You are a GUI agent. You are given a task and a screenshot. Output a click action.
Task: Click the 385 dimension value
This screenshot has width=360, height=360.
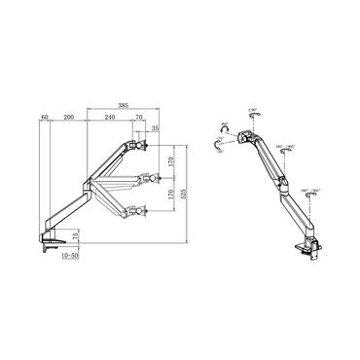(122, 103)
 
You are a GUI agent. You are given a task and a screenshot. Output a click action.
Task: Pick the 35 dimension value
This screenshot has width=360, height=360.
(157, 127)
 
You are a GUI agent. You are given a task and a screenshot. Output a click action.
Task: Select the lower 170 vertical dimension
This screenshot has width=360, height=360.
(172, 196)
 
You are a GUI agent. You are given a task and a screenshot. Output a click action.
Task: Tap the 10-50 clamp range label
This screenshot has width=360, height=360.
(68, 258)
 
